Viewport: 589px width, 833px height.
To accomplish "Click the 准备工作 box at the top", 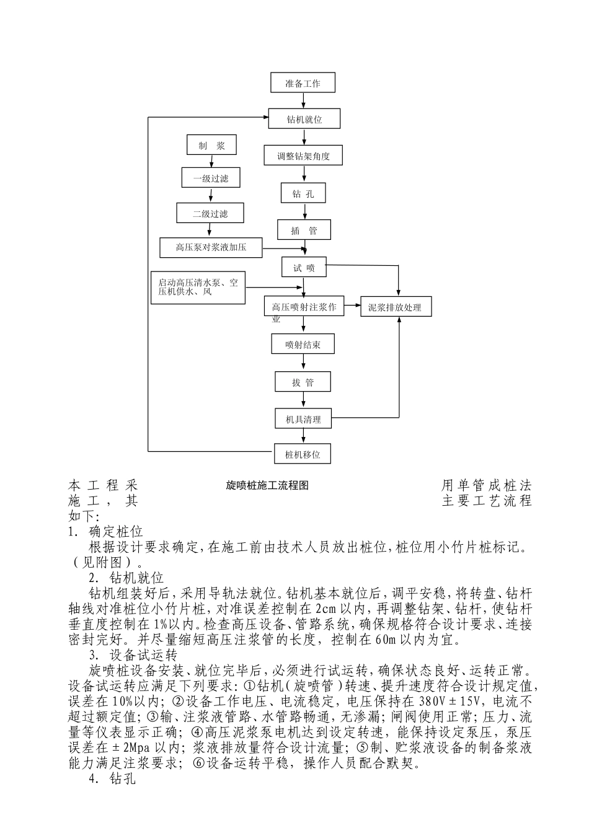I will (x=303, y=83).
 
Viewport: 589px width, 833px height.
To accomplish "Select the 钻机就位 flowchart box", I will (x=304, y=119).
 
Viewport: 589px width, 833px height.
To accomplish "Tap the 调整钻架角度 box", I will (x=303, y=156).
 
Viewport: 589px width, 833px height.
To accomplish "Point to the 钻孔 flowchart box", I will (x=303, y=194).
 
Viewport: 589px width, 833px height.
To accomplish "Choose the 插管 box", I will (x=304, y=231).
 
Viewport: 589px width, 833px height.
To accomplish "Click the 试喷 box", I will (x=304, y=268).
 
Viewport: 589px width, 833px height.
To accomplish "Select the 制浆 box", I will (x=211, y=146).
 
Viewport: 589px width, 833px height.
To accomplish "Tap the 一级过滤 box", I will (x=211, y=178).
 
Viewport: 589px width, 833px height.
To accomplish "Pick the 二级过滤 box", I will (x=210, y=213).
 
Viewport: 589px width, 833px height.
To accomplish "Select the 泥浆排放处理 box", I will (x=395, y=307).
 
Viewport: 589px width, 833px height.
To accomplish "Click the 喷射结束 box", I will (x=303, y=345).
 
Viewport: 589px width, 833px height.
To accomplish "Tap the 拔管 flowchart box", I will (x=303, y=382).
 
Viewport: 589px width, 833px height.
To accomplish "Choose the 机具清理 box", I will (x=303, y=419).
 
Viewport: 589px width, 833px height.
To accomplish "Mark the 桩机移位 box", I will (x=303, y=454).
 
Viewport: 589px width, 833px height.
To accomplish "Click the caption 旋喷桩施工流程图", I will (x=267, y=485).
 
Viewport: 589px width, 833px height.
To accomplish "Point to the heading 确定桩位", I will (x=116, y=532).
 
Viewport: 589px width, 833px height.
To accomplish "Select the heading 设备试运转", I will (x=135, y=656).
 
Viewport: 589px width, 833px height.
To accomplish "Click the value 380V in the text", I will (x=432, y=702).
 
